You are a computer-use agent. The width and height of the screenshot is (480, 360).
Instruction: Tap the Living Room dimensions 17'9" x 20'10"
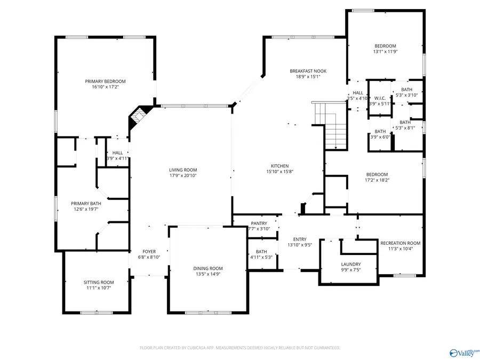coord(183,175)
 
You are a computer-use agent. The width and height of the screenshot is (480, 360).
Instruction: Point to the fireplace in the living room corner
coord(140,117)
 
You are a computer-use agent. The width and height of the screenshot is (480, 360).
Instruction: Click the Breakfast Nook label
coord(308,71)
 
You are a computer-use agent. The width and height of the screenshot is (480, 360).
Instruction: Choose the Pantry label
coord(259,223)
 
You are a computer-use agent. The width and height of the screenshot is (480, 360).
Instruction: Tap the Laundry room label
coord(351,264)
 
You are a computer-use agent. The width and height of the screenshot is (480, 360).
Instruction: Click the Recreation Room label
coord(400,243)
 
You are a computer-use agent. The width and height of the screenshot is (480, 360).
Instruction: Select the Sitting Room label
coord(99,282)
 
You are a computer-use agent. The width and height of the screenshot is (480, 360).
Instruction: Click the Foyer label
coord(149,251)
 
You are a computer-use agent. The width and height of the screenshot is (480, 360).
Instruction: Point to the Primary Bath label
coord(86,203)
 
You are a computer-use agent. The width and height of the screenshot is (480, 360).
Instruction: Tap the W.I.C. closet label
coord(380,98)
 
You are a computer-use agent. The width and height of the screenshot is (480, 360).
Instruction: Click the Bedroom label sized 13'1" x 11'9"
coord(385,46)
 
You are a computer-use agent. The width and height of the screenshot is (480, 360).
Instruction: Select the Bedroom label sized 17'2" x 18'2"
coord(377,174)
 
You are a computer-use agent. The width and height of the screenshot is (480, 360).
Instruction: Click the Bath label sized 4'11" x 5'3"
coord(261,252)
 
